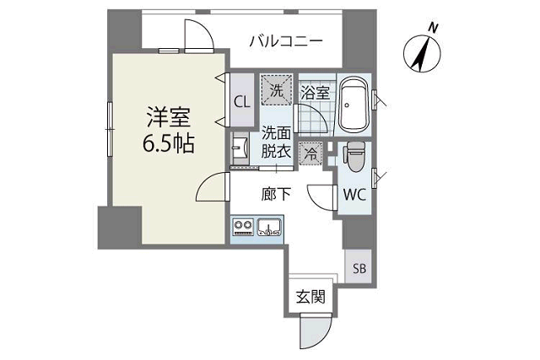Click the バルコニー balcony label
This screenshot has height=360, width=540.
pos(285,40)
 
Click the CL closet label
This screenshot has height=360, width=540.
pos(241,102)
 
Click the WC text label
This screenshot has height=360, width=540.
pos(354,194)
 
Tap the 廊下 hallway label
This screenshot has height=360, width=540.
pos(276,194)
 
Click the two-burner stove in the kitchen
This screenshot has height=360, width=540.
pos(243,226)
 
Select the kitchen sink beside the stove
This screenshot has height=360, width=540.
pos(270,226)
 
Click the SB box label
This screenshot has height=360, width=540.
pos(359,270)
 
